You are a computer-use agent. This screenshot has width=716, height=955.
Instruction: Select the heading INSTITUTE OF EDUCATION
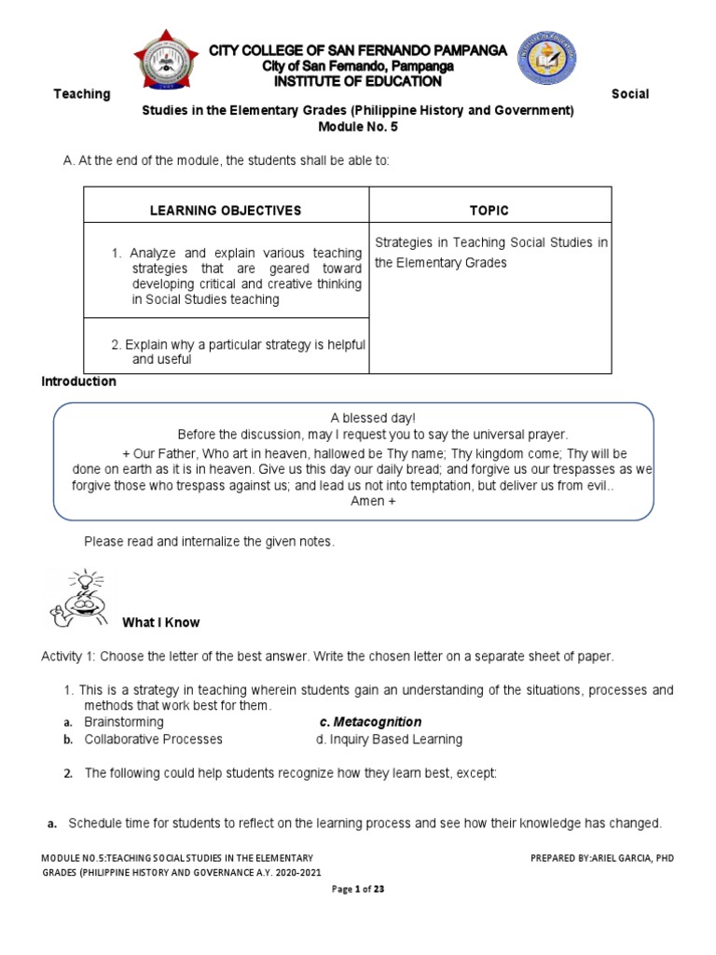tap(358, 81)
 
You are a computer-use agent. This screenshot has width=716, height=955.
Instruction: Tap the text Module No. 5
tap(358, 126)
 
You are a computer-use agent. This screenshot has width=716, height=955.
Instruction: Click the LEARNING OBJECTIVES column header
tap(226, 211)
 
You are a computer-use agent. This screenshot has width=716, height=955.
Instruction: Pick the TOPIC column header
tap(490, 211)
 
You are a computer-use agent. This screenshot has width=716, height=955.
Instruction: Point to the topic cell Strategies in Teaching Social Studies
tap(490, 253)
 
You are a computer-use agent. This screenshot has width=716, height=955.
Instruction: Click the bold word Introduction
tap(79, 381)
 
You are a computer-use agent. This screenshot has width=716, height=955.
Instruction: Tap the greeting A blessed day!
tap(357, 419)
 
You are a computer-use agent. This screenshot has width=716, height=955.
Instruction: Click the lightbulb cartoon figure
tap(80, 597)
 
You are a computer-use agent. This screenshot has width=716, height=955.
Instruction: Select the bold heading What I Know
tap(161, 622)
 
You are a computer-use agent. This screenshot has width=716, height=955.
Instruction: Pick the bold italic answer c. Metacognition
tap(370, 722)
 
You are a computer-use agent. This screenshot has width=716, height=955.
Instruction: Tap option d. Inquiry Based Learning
tap(390, 739)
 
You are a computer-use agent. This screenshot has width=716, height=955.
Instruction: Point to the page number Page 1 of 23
tap(358, 889)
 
